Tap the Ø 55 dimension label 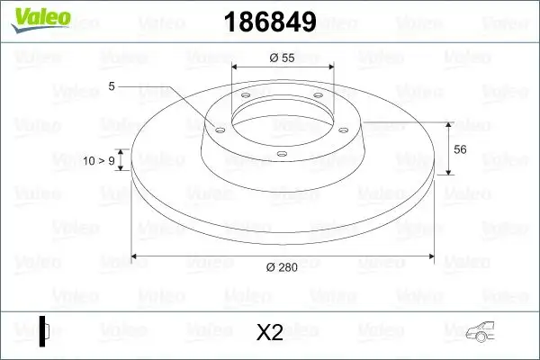pyautogui.click(x=283, y=58)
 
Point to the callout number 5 pyautogui.click(x=111, y=86)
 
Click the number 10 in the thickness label pyautogui.click(x=88, y=160)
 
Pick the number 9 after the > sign pyautogui.click(x=111, y=160)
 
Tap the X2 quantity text pyautogui.click(x=270, y=334)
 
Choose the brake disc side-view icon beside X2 pyautogui.click(x=42, y=331)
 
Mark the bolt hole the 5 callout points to pyautogui.click(x=219, y=130)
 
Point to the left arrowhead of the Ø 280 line pyautogui.click(x=137, y=256)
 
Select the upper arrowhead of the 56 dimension pyautogui.click(x=449, y=123)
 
